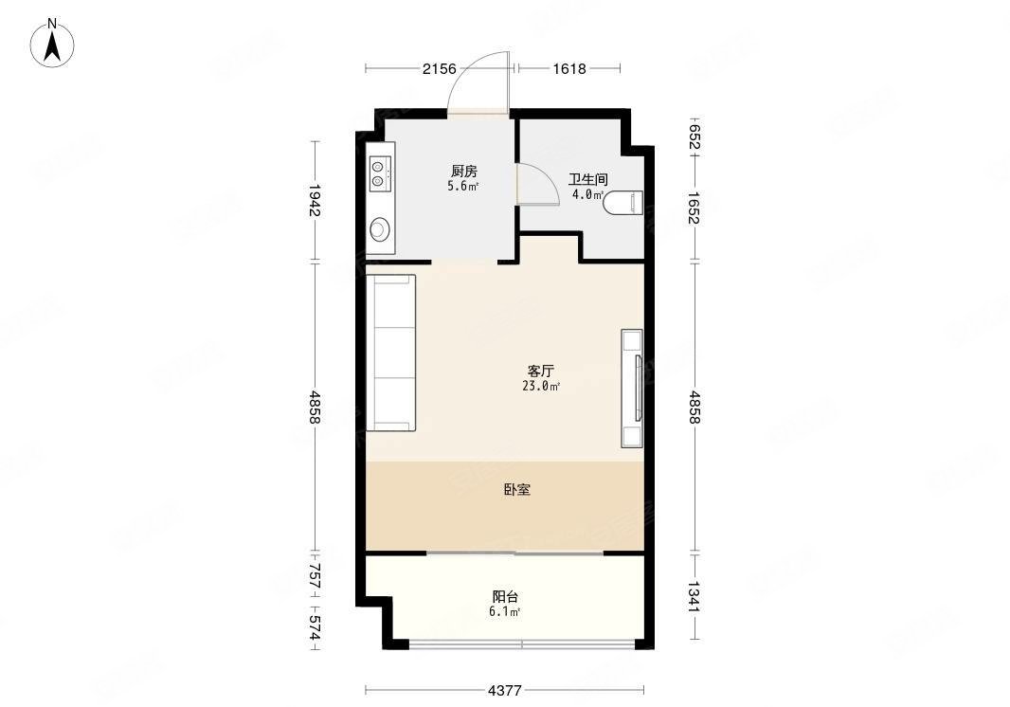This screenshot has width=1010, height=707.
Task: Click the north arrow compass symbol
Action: tap(52, 44)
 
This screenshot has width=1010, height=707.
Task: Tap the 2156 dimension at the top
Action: tap(440, 68)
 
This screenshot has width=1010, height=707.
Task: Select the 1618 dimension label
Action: tap(569, 68)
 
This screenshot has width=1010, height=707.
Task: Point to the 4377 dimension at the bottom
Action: tap(504, 691)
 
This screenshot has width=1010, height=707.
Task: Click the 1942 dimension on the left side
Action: tap(315, 200)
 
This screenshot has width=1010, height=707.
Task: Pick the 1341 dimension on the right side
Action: tap(694, 596)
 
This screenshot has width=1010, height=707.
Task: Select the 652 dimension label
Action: tap(694, 136)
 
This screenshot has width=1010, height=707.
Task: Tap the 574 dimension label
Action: tap(315, 627)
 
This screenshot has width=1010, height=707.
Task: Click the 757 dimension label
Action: tap(315, 575)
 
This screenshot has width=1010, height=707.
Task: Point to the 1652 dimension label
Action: tap(694, 208)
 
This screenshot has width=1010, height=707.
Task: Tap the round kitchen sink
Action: tap(379, 229)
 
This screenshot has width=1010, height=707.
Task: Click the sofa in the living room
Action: tap(391, 353)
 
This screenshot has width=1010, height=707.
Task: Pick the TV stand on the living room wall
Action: tap(632, 388)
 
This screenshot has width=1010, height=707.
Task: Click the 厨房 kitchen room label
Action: tap(463, 172)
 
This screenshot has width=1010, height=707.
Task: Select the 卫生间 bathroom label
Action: tap(587, 179)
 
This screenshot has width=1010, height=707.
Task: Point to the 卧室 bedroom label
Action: tap(517, 490)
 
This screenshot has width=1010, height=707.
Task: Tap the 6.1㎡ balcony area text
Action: tap(504, 611)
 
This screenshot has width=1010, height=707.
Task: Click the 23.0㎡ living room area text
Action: tap(541, 386)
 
